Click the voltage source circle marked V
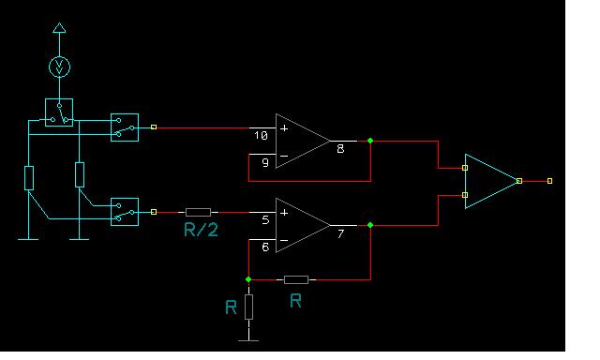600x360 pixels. click(59, 67)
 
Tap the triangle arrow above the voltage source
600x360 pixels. click(59, 28)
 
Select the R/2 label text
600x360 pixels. click(201, 230)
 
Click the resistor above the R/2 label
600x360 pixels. click(198, 212)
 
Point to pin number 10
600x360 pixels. click(261, 135)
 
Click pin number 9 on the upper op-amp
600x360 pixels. click(265, 162)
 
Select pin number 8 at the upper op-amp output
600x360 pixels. click(340, 149)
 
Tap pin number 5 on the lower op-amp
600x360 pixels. click(265, 220)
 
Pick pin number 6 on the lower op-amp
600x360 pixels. click(265, 247)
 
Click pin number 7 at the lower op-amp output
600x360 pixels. click(340, 233)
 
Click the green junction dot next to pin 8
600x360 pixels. click(370, 141)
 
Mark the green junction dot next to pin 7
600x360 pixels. click(370, 225)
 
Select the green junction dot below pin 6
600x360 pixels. click(248, 279)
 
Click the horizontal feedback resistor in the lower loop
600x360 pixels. click(296, 279)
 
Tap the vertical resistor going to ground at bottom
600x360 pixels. click(248, 307)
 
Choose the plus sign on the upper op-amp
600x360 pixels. click(284, 128)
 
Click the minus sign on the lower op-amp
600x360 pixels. click(284, 241)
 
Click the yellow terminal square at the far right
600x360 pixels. click(549, 181)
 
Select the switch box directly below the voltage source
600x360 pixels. click(59, 112)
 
